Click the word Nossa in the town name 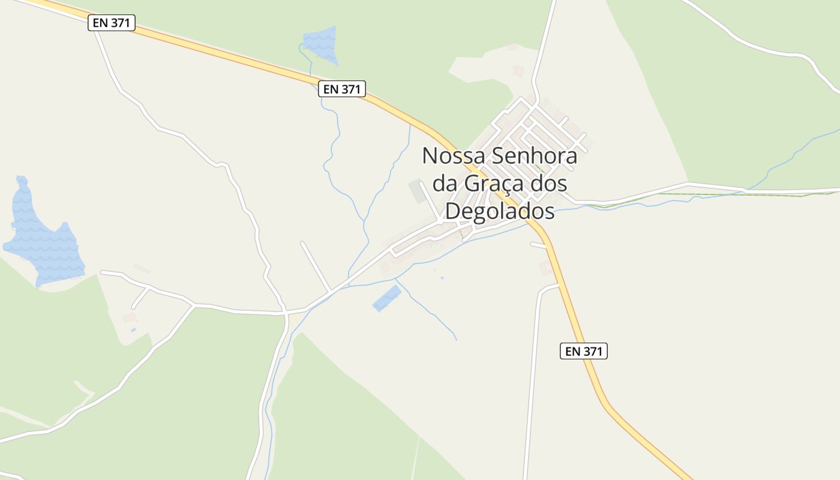point(454,156)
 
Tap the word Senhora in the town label point(535,156)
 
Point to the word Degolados point(499,211)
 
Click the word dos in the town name point(548,184)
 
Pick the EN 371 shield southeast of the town point(583,351)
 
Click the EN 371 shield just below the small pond point(341,89)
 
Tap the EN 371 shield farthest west point(111,23)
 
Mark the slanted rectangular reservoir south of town point(387,298)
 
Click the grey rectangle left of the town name point(417,191)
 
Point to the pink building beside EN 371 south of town point(546,268)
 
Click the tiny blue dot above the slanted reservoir point(442,277)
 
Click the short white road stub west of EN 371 point(538,244)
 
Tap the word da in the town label point(444,184)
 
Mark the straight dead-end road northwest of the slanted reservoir point(315,266)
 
